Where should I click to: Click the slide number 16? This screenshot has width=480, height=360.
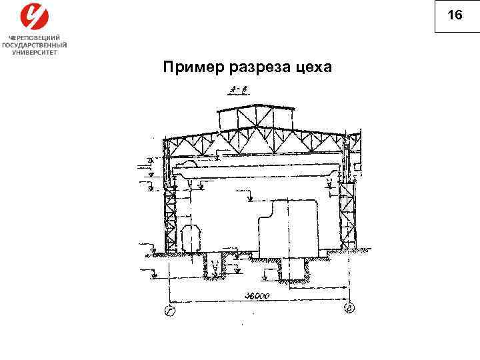(455, 15)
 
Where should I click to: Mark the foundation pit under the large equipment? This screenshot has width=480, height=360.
(293, 270)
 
